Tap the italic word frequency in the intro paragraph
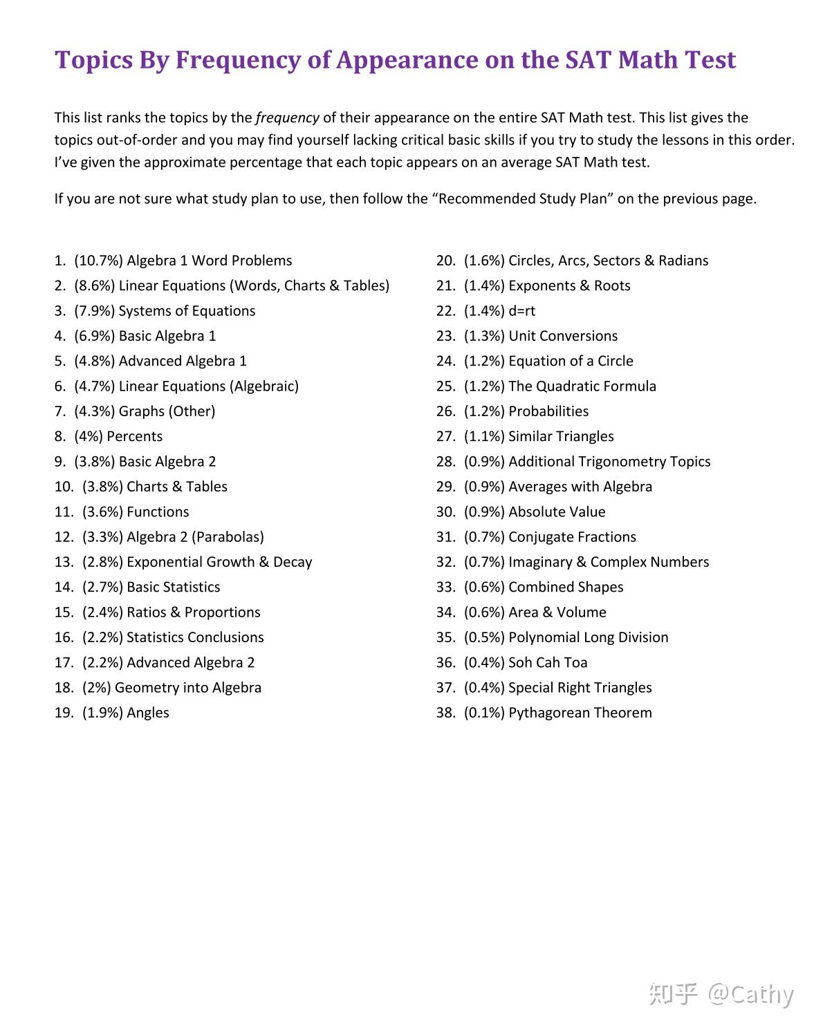pos(287,118)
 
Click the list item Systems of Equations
pos(187,311)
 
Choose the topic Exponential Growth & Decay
pos(219,562)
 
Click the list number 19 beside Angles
pos(64,713)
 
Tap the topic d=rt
pos(521,311)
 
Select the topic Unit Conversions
pos(563,336)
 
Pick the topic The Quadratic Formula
pos(582,386)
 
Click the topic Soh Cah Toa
pos(548,663)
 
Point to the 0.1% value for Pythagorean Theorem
pos(484,713)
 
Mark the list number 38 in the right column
pos(445,713)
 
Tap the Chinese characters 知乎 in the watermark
pos(673,994)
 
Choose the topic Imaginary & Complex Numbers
pos(609,562)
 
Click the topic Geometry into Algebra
pos(188,688)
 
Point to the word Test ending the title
pos(711,61)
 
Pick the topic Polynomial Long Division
pos(589,637)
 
